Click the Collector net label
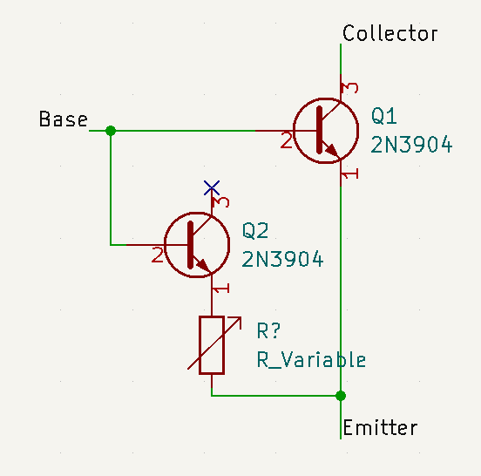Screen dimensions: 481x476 tap(390, 33)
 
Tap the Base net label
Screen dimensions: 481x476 tap(64, 119)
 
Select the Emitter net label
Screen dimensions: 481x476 tap(380, 427)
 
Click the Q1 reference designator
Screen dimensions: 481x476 tap(383, 116)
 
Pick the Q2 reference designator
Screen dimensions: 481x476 tap(255, 230)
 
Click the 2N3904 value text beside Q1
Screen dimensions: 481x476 tap(411, 145)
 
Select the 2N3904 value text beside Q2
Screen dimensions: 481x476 tap(282, 259)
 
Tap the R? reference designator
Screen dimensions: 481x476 tap(268, 330)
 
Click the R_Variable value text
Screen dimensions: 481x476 tap(311, 359)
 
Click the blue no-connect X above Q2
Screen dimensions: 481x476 tap(212, 187)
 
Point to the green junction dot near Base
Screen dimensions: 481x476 tap(111, 131)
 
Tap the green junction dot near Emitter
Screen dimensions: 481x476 tap(341, 396)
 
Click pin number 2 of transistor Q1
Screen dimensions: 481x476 tap(286, 141)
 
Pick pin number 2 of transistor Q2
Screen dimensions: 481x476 tap(158, 255)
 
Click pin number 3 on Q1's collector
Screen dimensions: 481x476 tap(350, 88)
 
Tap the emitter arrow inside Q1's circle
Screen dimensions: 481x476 tap(332, 151)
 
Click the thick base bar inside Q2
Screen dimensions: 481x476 tap(191, 245)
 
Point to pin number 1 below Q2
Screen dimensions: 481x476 tap(220, 289)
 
